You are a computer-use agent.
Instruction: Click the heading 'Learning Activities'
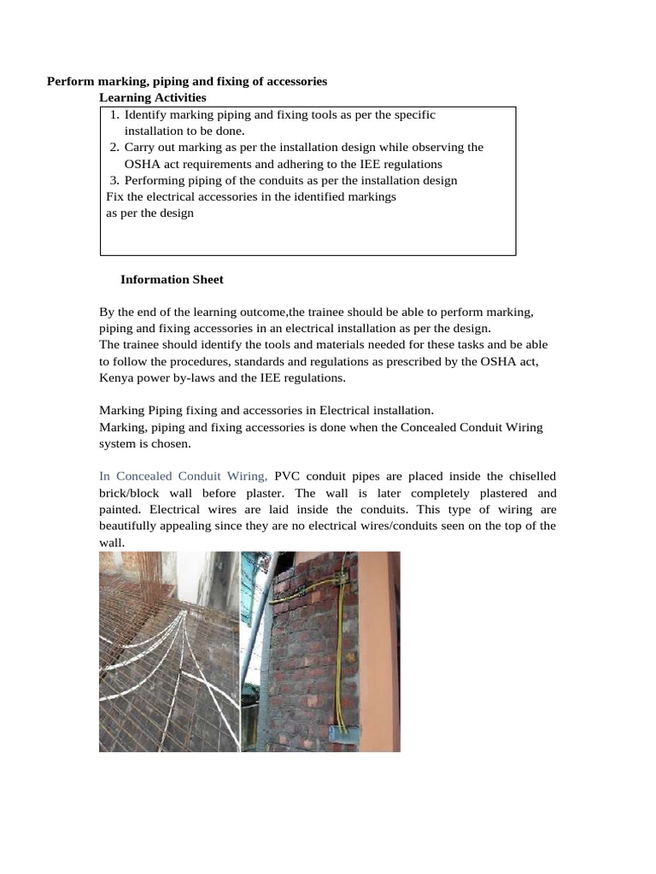[153, 98]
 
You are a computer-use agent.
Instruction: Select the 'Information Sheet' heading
[172, 279]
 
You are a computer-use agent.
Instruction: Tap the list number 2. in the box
[114, 148]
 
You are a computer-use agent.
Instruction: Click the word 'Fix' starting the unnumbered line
[114, 197]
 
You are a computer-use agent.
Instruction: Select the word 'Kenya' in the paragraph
[116, 377]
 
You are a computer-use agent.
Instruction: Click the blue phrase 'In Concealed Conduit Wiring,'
[184, 476]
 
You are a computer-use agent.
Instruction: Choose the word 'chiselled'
[530, 476]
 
